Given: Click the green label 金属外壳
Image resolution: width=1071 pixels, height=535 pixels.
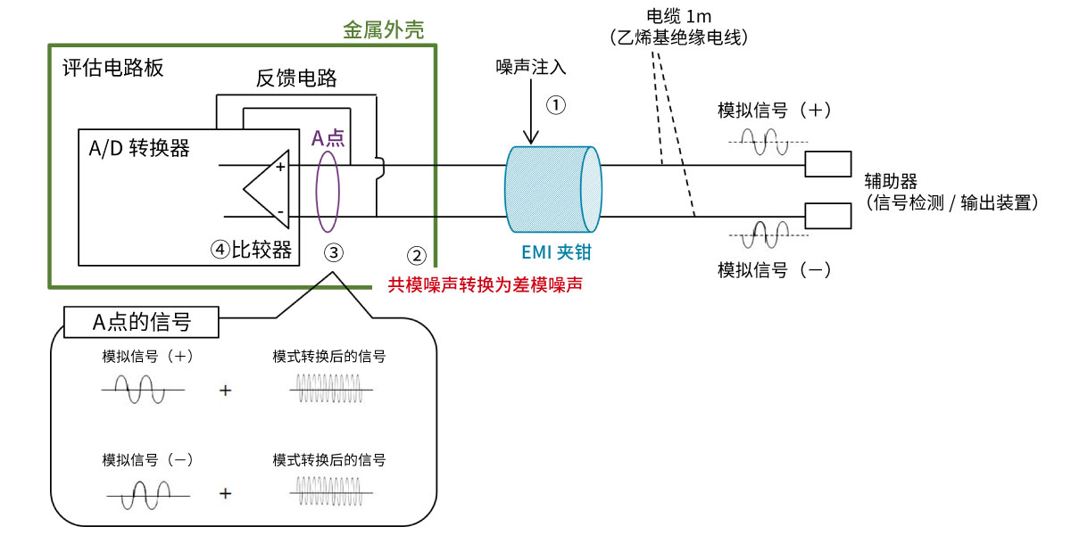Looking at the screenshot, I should [x=383, y=29].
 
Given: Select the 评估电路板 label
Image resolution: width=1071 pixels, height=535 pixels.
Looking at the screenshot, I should [x=112, y=68].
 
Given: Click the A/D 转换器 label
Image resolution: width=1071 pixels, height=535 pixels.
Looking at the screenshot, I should [x=138, y=148].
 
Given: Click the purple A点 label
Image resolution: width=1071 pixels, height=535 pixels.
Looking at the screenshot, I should [x=328, y=137].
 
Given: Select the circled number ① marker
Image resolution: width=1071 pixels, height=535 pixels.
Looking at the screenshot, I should [x=556, y=105].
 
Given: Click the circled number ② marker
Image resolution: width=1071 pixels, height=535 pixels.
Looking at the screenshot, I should [x=417, y=255].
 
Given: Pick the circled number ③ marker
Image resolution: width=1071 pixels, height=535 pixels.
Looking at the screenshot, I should [x=333, y=252].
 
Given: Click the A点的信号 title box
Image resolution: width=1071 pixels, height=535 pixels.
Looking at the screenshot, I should [x=142, y=322].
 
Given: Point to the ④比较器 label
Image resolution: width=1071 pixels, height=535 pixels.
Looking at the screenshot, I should [x=252, y=250].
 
